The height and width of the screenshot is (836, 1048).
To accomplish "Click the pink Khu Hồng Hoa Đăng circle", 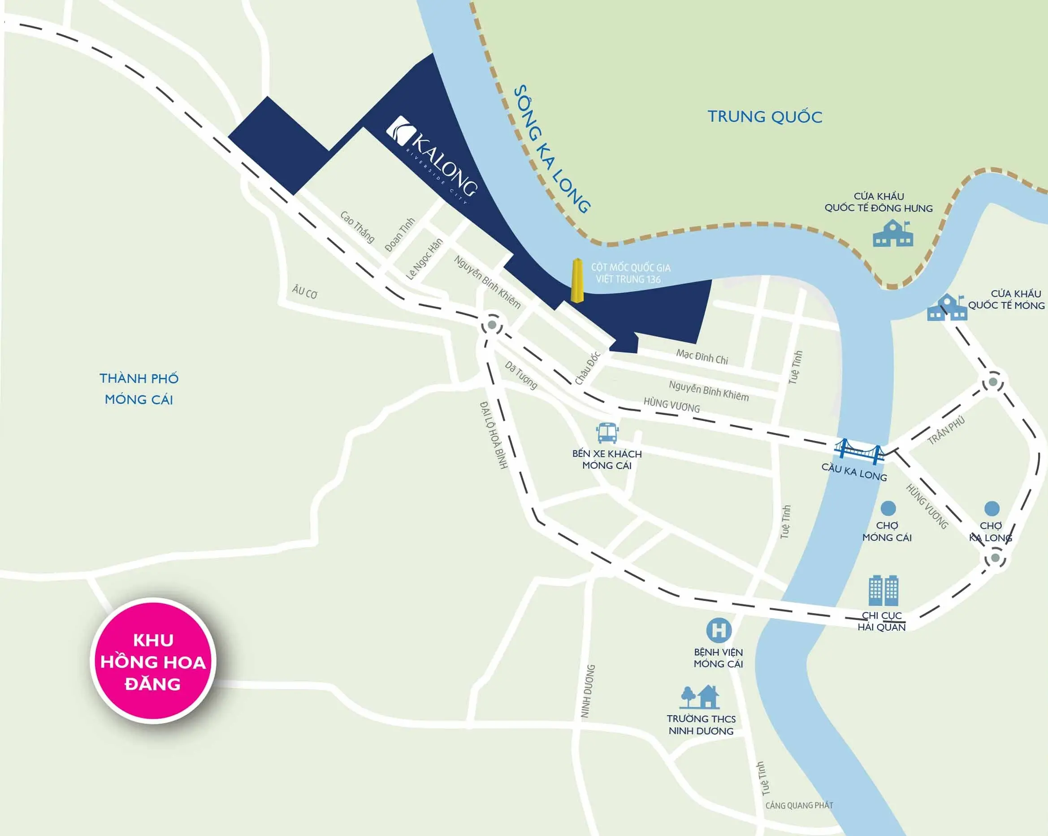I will (153, 662).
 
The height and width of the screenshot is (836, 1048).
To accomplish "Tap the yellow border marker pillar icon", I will (576, 281).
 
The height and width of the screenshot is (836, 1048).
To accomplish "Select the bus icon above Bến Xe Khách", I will (607, 433).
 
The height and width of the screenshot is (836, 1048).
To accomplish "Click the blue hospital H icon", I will (719, 630).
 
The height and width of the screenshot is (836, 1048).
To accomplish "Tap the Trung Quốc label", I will (765, 117).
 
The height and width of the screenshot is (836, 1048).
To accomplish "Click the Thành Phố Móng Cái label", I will (139, 389).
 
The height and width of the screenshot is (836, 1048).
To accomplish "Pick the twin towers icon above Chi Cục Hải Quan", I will (883, 590).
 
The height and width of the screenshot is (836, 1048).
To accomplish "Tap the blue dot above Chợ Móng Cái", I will (888, 508).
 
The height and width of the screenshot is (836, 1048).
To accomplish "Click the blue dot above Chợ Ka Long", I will (992, 509).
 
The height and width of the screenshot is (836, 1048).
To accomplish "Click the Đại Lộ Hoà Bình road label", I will (494, 435).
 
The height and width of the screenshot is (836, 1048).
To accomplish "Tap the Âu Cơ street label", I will (305, 292).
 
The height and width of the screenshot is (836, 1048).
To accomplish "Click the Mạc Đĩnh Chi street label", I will (702, 357).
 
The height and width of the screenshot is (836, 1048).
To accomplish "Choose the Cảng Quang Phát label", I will (799, 806).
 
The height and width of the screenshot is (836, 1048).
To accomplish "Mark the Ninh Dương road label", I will (588, 691).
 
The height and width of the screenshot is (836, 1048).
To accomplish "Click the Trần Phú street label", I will (946, 430).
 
